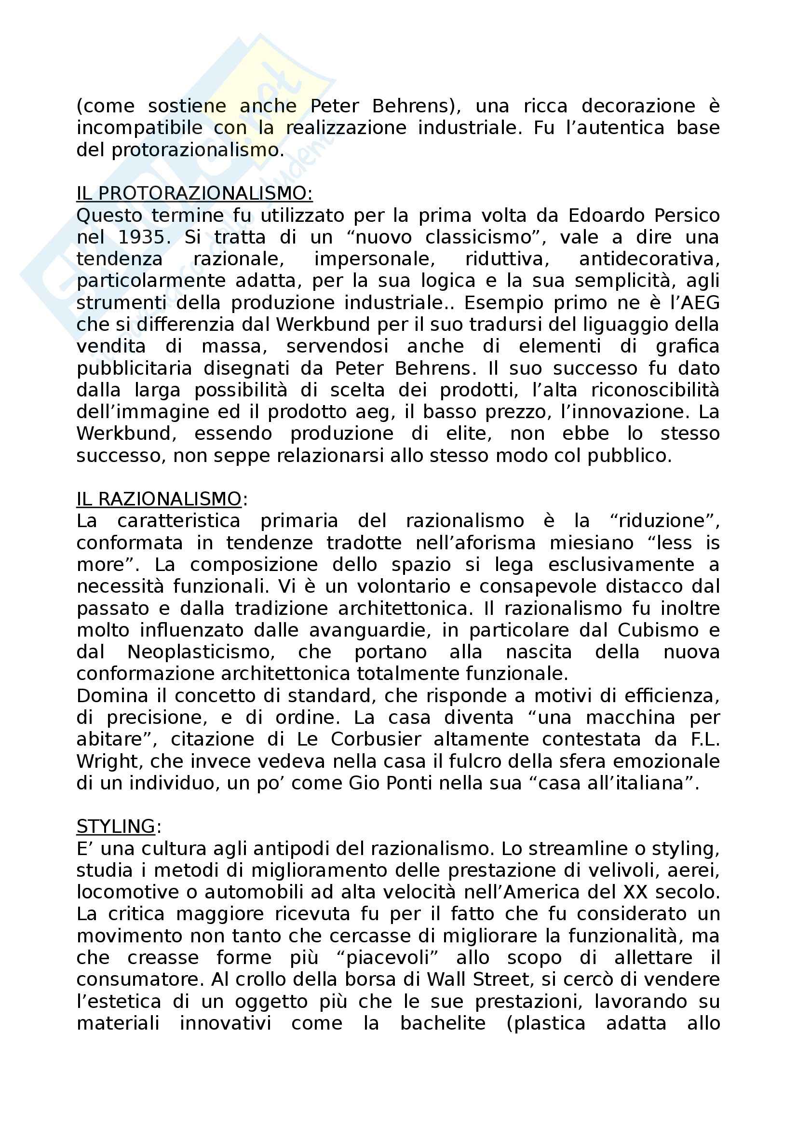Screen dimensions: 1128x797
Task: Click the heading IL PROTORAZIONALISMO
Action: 194,193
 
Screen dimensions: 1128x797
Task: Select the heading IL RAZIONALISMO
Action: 159,499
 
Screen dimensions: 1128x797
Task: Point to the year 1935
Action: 144,237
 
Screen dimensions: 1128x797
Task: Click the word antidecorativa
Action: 649,259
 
